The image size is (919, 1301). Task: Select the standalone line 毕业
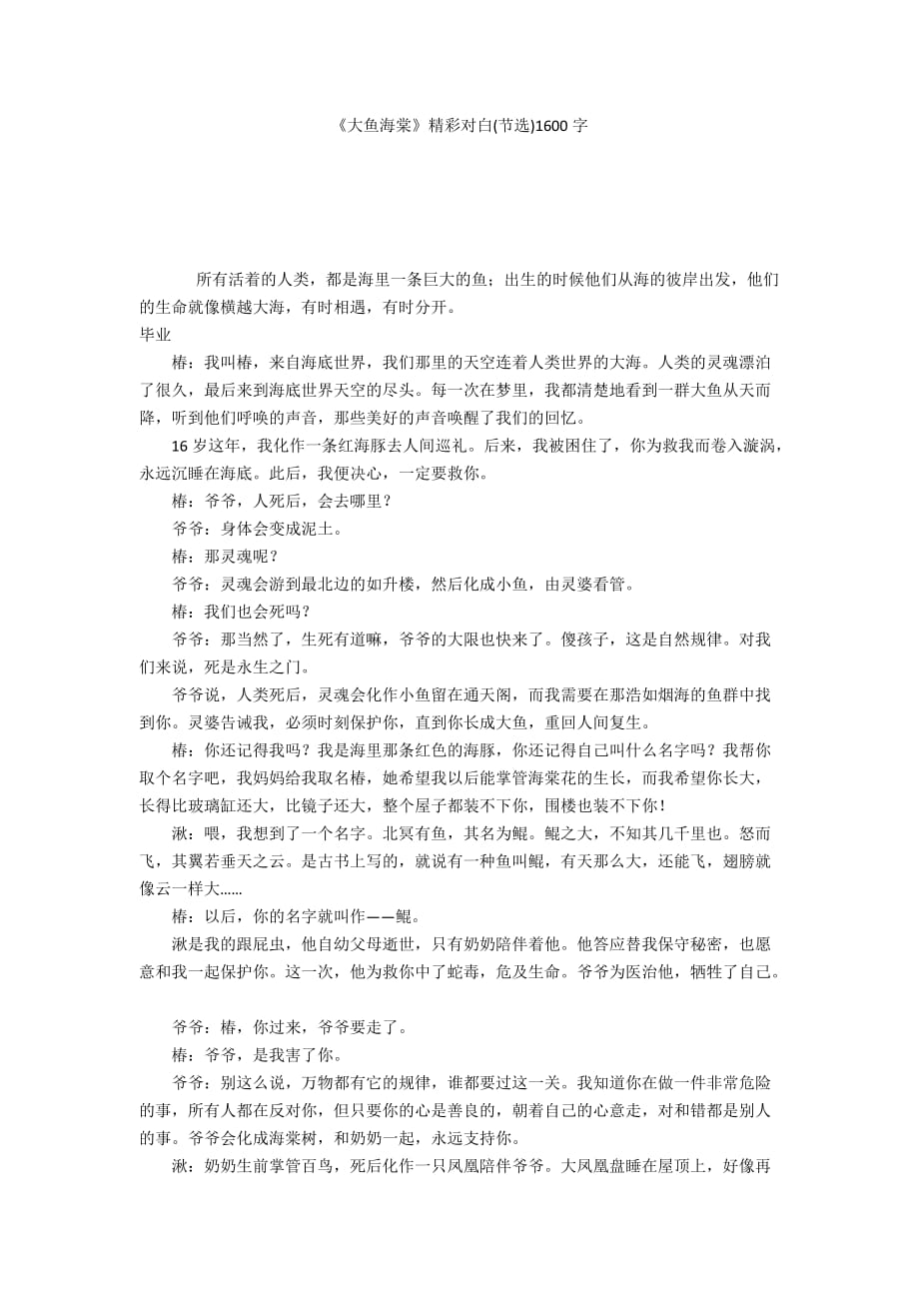(x=155, y=335)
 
